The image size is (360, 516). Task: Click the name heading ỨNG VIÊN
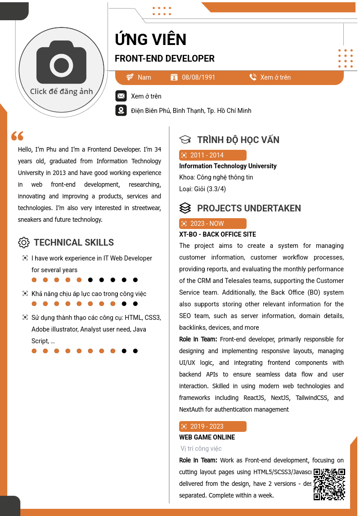pyautogui.click(x=150, y=40)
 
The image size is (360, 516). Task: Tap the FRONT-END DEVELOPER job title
pyautogui.click(x=165, y=58)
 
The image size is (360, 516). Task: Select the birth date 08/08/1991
pyautogui.click(x=198, y=77)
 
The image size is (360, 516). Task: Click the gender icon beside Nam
pyautogui.click(x=130, y=77)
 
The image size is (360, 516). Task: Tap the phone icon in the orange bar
pyautogui.click(x=253, y=77)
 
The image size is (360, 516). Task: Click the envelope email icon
pyautogui.click(x=121, y=96)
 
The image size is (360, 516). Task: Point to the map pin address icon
pyautogui.click(x=121, y=110)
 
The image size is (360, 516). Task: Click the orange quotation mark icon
pyautogui.click(x=17, y=135)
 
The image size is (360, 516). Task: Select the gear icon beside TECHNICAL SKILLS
pyautogui.click(x=24, y=242)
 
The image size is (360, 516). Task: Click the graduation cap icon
pyautogui.click(x=185, y=140)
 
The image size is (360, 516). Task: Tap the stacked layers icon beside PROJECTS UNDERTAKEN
pyautogui.click(x=185, y=208)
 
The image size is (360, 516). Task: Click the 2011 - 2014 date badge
pyautogui.click(x=212, y=155)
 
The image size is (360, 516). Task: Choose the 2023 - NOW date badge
pyautogui.click(x=212, y=224)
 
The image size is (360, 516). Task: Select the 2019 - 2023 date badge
pyautogui.click(x=212, y=426)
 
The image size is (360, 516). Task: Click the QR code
pyautogui.click(x=329, y=484)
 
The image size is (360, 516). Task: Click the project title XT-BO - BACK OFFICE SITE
pyautogui.click(x=217, y=234)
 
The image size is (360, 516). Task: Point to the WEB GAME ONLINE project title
pyautogui.click(x=207, y=437)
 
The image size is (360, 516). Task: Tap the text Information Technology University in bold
pyautogui.click(x=228, y=166)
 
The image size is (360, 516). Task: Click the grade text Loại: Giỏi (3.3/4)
pyautogui.click(x=202, y=189)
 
